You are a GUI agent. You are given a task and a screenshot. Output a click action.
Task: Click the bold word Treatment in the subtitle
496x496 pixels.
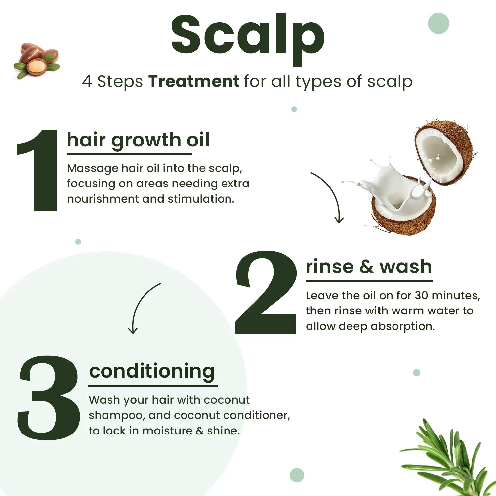[193, 81]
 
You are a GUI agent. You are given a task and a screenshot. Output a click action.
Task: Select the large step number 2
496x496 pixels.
[266, 293]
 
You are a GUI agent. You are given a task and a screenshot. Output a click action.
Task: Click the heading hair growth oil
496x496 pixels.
[138, 140]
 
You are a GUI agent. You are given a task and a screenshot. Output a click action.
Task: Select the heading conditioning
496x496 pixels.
[152, 371]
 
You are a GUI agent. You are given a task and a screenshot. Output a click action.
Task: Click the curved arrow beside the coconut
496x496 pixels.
[329, 195]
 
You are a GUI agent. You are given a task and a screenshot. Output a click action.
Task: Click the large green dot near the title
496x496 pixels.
[438, 23]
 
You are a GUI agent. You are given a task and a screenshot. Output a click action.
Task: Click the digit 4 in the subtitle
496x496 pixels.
[87, 81]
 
